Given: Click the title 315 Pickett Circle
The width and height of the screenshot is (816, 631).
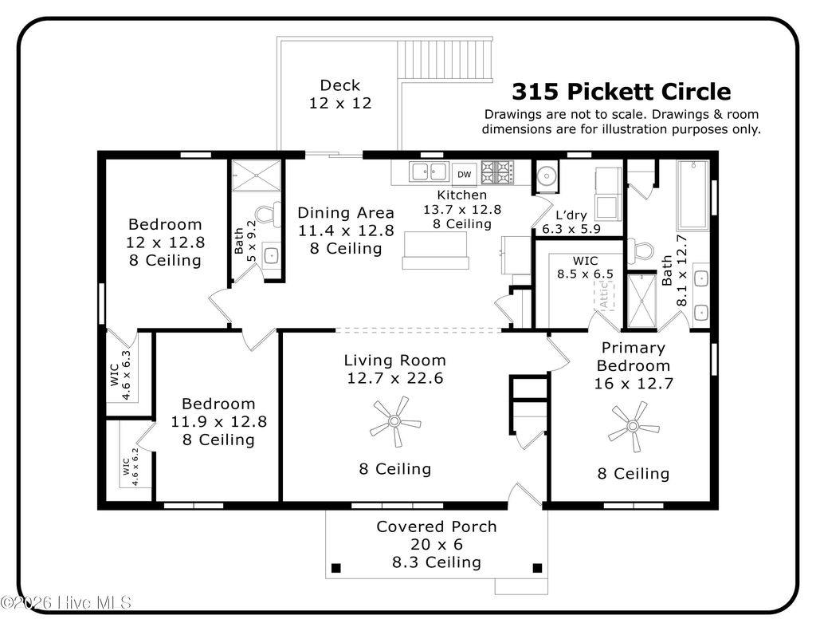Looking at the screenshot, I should point(621,92).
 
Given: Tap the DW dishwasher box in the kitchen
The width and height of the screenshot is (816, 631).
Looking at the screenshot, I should point(464,174).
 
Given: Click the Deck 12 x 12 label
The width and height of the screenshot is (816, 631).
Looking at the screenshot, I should point(340,94).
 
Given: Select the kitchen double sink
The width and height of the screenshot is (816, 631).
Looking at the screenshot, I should point(428,171).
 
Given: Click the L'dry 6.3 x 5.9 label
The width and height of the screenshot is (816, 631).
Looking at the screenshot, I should point(571,223).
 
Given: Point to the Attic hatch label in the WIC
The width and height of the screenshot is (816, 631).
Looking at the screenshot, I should point(603,298).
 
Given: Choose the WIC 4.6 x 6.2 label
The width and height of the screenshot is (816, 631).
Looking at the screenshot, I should point(131,467).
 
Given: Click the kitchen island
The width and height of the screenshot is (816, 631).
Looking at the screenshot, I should point(433,250).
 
